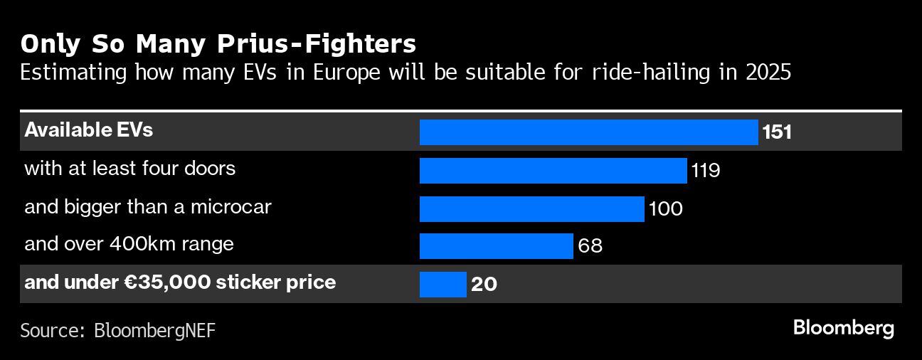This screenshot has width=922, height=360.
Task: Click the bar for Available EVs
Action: (x=588, y=132)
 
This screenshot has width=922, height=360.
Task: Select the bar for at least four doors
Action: (x=553, y=171)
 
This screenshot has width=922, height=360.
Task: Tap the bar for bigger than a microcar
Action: (x=531, y=208)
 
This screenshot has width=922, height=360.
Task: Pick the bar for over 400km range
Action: (x=496, y=246)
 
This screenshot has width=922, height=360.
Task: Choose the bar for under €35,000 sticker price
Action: (x=443, y=284)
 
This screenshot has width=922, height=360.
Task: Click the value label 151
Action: (x=777, y=132)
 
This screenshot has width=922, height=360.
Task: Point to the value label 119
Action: (x=705, y=171)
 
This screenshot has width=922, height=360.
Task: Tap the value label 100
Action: (x=665, y=208)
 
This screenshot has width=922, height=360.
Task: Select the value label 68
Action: (x=590, y=246)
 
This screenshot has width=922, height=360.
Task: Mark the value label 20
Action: (x=484, y=284)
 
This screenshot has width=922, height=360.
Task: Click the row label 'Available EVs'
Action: (x=89, y=130)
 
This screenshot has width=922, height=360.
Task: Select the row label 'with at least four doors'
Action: (x=129, y=169)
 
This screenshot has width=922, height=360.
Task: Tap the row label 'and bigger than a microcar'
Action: (x=148, y=207)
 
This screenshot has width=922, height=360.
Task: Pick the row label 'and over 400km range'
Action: (x=129, y=244)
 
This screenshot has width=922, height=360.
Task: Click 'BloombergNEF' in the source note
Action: (x=154, y=330)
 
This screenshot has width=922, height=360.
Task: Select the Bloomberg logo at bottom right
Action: (x=843, y=328)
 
